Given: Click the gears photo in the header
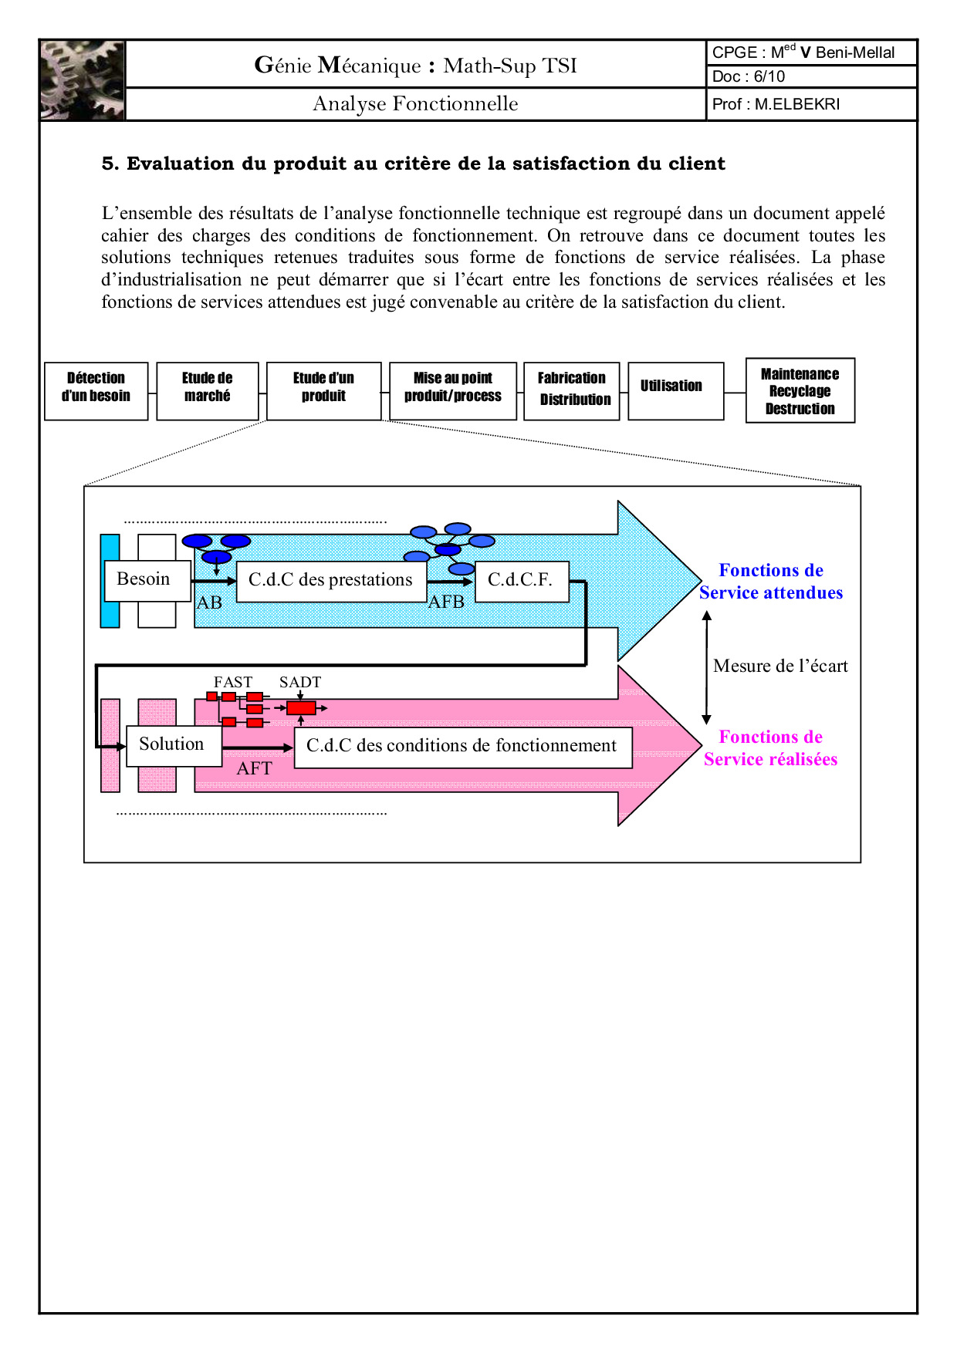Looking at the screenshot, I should (83, 80).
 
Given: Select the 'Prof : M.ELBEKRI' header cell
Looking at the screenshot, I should (776, 104).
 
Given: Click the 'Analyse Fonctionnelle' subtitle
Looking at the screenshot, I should (415, 103).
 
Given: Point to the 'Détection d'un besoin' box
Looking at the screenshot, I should (96, 391).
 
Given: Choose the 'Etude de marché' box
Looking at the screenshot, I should (208, 391).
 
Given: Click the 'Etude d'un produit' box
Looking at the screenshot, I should (323, 391).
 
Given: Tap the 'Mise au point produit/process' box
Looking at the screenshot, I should (453, 391).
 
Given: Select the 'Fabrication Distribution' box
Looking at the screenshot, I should (572, 391).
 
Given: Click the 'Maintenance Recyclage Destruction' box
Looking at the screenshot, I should (800, 390).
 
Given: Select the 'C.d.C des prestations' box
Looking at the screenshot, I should (331, 581).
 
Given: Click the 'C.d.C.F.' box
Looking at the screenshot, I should (521, 581).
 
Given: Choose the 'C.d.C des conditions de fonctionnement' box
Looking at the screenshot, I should (462, 747).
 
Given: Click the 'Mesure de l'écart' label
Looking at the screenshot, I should (780, 666).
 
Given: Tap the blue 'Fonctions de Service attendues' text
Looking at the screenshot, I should (771, 582).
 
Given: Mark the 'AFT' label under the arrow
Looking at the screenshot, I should (255, 768).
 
